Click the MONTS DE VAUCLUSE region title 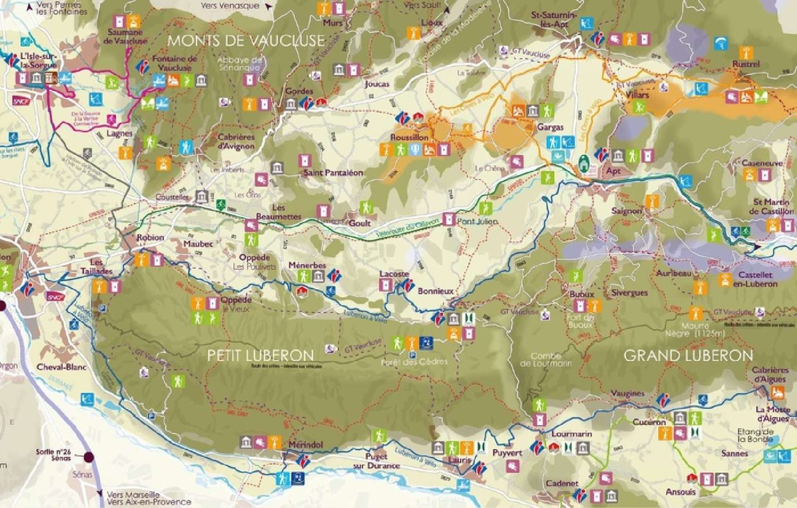click(246, 40)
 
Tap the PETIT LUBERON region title click(260, 355)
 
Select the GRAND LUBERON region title click(688, 355)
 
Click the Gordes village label click(299, 91)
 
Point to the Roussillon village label click(409, 137)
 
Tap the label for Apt click(613, 171)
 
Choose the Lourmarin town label click(572, 434)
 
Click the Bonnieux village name click(436, 291)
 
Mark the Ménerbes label click(307, 265)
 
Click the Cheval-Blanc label click(62, 367)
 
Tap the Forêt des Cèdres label click(414, 362)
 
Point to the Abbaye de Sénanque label click(240, 64)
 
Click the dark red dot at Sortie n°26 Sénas click(88, 457)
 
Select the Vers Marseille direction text click(133, 495)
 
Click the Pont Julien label click(477, 222)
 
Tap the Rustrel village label click(746, 64)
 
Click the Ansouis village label click(681, 492)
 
